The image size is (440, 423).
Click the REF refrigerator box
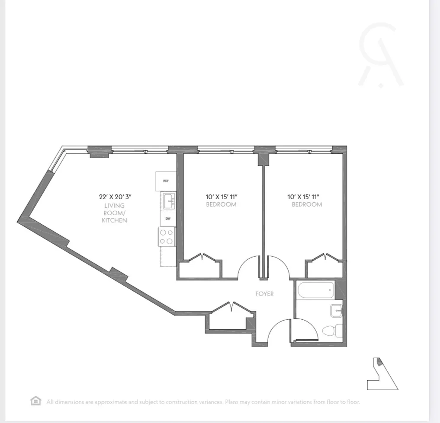(x=166, y=181)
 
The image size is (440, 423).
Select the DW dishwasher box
(x=167, y=219)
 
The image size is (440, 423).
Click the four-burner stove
(x=167, y=236)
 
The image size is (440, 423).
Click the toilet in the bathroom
(x=331, y=331)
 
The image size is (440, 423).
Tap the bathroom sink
(x=337, y=310)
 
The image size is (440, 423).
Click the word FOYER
(x=264, y=294)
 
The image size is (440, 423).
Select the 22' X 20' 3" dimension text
(x=115, y=196)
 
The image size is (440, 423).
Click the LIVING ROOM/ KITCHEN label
(x=114, y=213)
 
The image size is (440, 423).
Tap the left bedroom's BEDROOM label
(x=221, y=204)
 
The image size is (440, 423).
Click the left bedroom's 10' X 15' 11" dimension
(x=221, y=196)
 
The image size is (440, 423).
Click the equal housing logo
(x=35, y=401)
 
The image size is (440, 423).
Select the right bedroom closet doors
(x=326, y=258)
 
